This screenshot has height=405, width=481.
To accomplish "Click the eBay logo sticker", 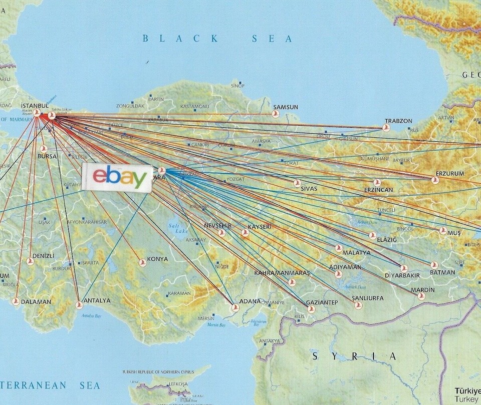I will (118, 177).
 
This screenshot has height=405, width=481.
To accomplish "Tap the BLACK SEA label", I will (217, 38).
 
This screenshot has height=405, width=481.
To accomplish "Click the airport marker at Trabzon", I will (386, 128).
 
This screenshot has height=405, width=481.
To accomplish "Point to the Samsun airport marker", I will (275, 114).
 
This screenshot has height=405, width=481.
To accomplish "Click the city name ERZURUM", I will (450, 173).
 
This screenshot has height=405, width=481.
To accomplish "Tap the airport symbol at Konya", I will (143, 262).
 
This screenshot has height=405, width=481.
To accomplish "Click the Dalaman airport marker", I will (16, 301).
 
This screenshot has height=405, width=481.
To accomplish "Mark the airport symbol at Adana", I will (235, 307).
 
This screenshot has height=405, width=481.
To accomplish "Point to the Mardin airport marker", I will (421, 296).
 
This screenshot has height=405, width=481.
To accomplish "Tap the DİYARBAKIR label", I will (402, 275).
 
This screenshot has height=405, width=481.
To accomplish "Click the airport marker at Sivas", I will (297, 183).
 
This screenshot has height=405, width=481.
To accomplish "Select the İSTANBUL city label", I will (35, 106).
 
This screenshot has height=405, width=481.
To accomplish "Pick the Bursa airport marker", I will (43, 149).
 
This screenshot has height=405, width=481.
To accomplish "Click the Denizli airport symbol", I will (30, 261).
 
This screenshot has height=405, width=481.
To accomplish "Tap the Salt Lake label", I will (175, 229).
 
